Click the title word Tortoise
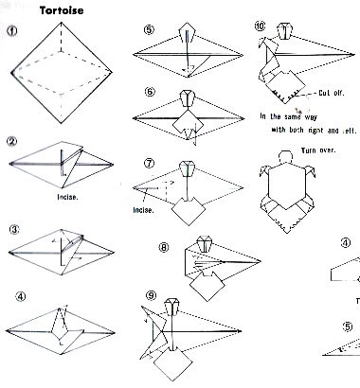point(62,10)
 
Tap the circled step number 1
point(12,31)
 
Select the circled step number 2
point(12,141)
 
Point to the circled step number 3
point(14,230)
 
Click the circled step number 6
point(151,92)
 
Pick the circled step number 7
point(150,163)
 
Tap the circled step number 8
point(164,247)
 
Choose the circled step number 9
point(152,295)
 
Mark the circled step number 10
point(261,26)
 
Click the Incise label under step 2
point(67,197)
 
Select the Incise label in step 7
point(144,210)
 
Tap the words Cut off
point(331,93)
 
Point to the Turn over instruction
point(318,150)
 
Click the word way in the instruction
point(311,117)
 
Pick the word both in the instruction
point(297,130)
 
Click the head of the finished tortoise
point(286,157)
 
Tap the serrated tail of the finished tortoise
point(287,224)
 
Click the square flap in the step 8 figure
point(207,287)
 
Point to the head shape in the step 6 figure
point(189,98)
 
